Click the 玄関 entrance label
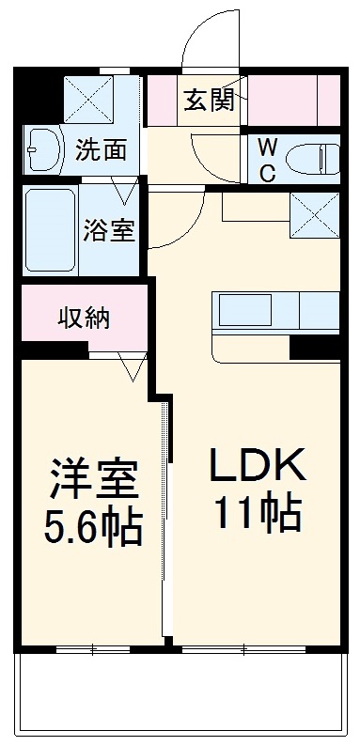tap(209, 100)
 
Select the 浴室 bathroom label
tap(109, 231)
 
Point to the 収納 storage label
tap(86, 318)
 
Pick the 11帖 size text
tap(256, 512)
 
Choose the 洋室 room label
tap(94, 479)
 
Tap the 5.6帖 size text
tap(94, 527)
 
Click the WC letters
tap(267, 160)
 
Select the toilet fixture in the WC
tap(311, 159)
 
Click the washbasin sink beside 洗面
tap(42, 148)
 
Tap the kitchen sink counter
tap(274, 311)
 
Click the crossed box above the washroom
tap(89, 97)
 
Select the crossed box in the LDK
tap(314, 215)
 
